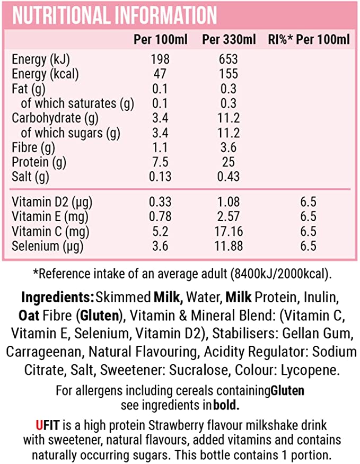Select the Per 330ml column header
(229, 40)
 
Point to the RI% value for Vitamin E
(308, 217)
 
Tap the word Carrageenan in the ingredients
(44, 353)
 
